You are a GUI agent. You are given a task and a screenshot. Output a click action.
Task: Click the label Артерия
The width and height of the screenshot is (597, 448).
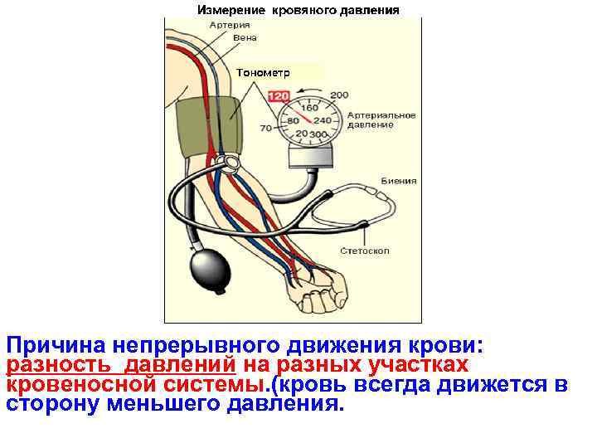[230, 26]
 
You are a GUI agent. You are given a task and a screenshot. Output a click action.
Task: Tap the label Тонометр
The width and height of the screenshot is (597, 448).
[264, 72]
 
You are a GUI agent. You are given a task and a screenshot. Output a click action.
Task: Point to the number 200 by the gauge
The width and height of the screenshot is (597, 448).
[338, 95]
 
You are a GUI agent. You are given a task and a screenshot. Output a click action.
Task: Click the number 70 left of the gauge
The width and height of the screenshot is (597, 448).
[266, 129]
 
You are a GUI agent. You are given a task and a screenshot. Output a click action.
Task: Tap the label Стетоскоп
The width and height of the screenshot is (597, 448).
[364, 251]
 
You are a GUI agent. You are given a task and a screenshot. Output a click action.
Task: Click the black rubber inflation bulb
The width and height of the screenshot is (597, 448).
[207, 267]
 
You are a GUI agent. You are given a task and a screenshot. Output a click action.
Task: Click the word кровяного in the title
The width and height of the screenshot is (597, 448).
[310, 11]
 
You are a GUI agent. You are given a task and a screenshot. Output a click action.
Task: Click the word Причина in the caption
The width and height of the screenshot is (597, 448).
[55, 345]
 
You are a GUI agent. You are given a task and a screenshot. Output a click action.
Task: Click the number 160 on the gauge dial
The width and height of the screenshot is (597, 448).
[309, 109]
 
